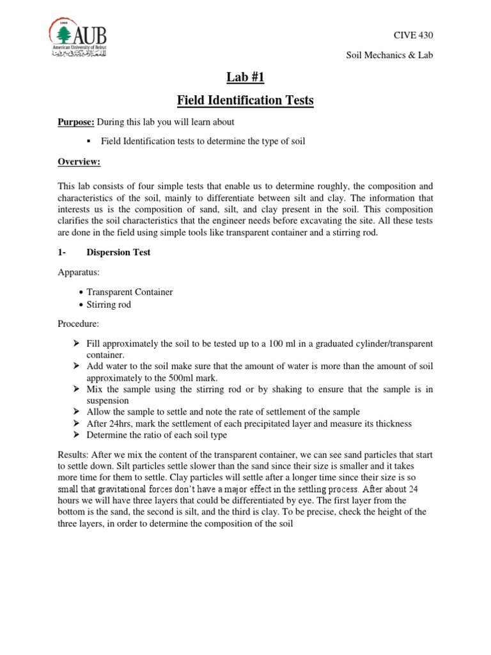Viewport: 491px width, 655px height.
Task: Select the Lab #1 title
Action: pos(245,78)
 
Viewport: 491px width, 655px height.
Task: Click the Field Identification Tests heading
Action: pos(245,100)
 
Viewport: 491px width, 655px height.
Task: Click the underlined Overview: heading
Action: pos(79,162)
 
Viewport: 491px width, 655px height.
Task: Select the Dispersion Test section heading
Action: pos(118,252)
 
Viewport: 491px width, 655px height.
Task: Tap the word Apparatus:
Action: pos(79,272)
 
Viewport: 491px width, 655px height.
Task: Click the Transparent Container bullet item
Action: pos(129,292)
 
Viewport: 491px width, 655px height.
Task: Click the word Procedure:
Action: pos(79,324)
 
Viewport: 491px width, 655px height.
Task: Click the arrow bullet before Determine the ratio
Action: pos(76,435)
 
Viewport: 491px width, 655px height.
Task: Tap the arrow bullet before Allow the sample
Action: pos(76,411)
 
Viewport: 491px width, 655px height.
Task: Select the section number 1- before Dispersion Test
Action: pos(63,252)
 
